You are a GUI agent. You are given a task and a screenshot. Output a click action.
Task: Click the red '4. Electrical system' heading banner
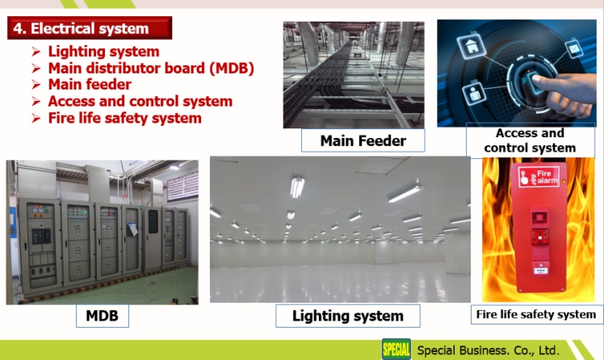pos(90,27)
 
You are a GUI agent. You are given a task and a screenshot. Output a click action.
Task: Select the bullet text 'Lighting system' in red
pos(103,51)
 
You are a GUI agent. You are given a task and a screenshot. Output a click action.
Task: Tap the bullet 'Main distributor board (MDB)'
pos(151,68)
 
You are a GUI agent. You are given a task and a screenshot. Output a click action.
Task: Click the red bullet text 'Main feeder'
pos(90,84)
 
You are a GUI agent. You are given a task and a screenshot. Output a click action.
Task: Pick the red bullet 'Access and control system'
pos(141,101)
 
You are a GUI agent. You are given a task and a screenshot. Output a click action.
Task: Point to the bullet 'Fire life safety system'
pos(125,118)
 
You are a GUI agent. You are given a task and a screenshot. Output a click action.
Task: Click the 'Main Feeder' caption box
pos(363,140)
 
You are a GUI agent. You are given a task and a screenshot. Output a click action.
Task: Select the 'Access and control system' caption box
pos(530,140)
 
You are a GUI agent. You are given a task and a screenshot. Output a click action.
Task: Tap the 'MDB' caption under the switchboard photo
pos(102,316)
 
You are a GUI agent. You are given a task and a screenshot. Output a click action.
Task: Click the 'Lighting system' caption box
pos(348,316)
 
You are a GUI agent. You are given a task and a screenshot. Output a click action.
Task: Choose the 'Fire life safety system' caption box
pos(536,314)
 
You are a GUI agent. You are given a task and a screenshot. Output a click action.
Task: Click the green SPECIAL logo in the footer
pos(396,350)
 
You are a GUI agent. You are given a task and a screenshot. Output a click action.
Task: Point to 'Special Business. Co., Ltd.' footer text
pos(488,350)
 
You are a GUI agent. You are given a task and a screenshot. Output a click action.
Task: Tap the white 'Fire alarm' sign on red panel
pos(539,177)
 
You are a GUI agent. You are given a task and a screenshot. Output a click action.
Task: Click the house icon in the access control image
pos(471,45)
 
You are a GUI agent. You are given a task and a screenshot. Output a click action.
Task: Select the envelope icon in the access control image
pos(574,48)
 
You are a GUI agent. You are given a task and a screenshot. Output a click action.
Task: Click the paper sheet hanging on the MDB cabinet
pos(133,229)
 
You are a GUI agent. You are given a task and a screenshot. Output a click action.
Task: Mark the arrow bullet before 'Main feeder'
pos(36,85)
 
